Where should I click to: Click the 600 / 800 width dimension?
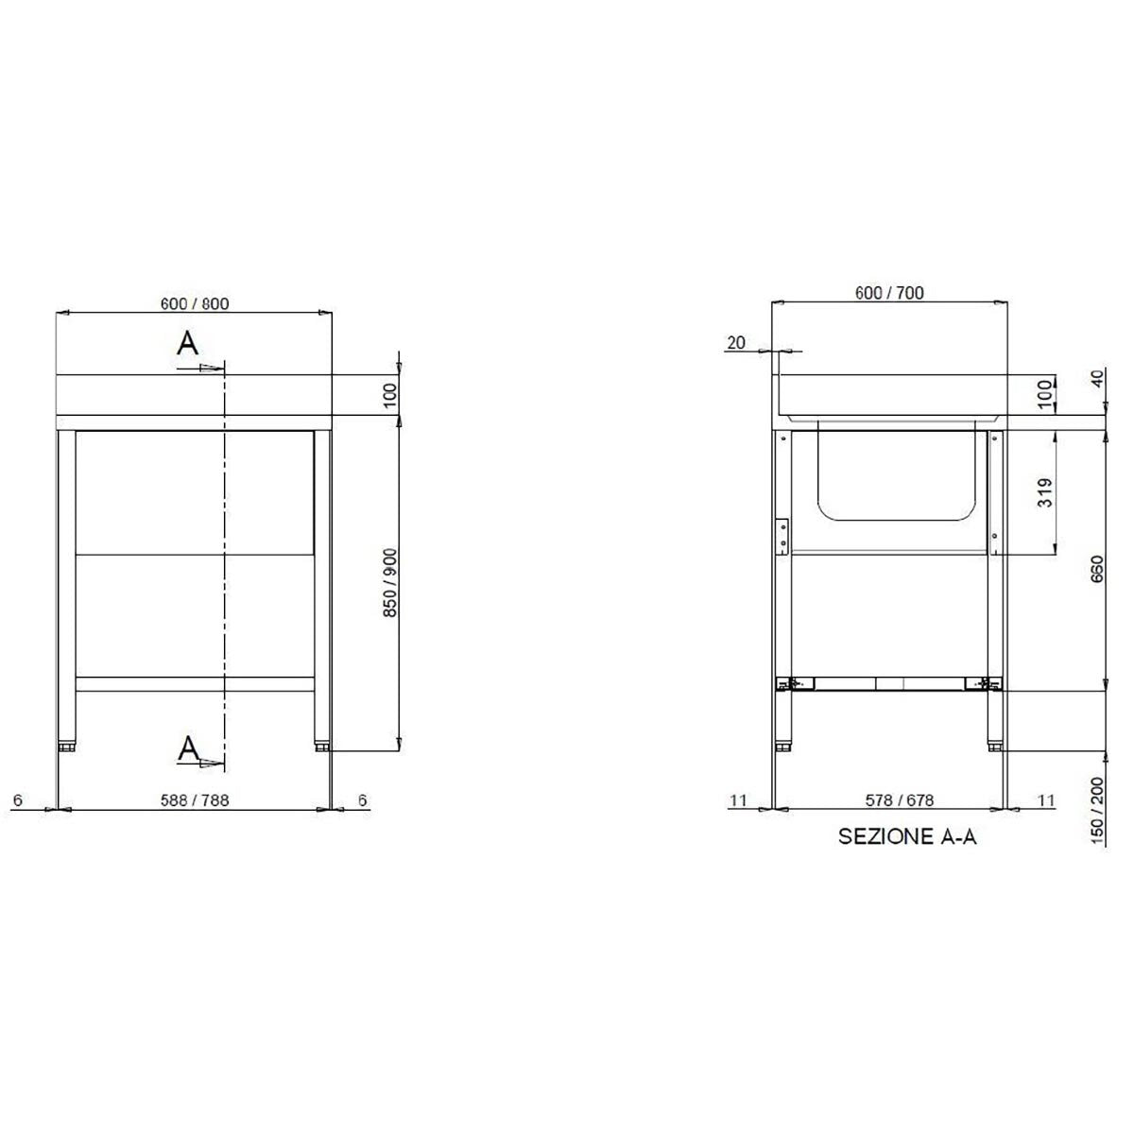pyautogui.click(x=195, y=304)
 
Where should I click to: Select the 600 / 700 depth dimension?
pyautogui.click(x=889, y=293)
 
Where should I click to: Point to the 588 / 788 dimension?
pyautogui.click(x=195, y=800)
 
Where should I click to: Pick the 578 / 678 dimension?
pyautogui.click(x=900, y=800)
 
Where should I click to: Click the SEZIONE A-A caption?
pyautogui.click(x=907, y=837)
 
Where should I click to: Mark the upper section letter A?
pyautogui.click(x=189, y=344)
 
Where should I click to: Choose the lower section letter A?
pyautogui.click(x=189, y=749)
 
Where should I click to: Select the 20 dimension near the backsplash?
pyautogui.click(x=736, y=343)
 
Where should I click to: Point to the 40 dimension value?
pyautogui.click(x=1097, y=380)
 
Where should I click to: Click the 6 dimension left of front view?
pyautogui.click(x=17, y=800)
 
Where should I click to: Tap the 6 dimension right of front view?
pyautogui.click(x=363, y=800)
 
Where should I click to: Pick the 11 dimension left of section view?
pyautogui.click(x=738, y=800)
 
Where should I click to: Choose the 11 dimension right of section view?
pyautogui.click(x=1046, y=800)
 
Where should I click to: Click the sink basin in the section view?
pyautogui.click(x=895, y=472)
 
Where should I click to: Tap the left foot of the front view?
pyautogui.click(x=67, y=747)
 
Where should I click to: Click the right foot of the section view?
pyautogui.click(x=995, y=747)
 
